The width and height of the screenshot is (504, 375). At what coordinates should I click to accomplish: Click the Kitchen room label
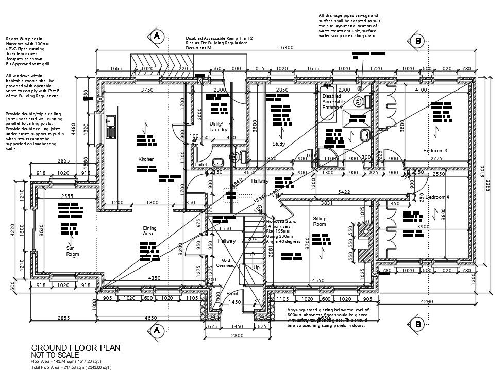click(x=146, y=159)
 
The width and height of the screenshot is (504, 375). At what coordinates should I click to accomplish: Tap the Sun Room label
click(x=73, y=251)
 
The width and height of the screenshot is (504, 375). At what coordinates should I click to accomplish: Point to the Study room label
click(x=279, y=144)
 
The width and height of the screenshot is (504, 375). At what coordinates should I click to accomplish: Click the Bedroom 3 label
click(x=435, y=150)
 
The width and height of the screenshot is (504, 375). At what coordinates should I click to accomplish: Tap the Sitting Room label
click(x=320, y=221)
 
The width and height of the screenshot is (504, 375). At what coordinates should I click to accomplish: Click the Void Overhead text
click(x=225, y=263)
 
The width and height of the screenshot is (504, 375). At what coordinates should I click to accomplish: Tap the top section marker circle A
click(x=156, y=36)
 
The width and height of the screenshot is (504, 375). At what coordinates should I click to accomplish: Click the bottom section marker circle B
click(x=418, y=324)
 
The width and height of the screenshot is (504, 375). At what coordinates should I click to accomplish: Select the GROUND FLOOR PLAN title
click(x=76, y=348)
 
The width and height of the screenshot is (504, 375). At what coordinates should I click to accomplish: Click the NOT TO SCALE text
click(x=55, y=355)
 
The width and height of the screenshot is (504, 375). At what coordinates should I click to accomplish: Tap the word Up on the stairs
click(x=256, y=267)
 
